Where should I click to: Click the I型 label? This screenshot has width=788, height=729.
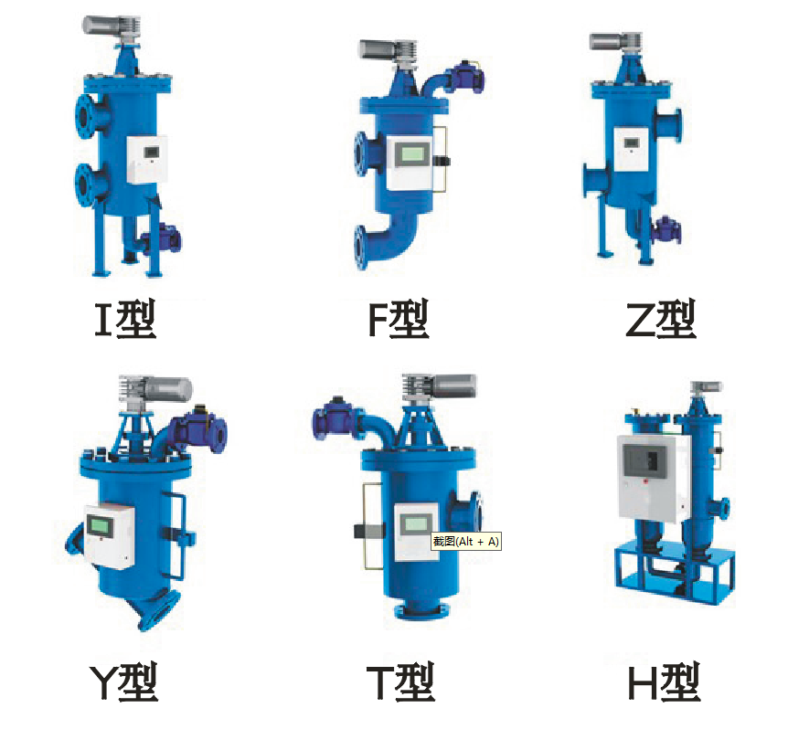pyautogui.click(x=125, y=319)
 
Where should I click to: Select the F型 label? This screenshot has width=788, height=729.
pyautogui.click(x=398, y=319)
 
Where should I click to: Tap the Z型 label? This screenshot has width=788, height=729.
pyautogui.click(x=660, y=319)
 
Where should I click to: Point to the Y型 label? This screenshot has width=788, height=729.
pyautogui.click(x=124, y=681)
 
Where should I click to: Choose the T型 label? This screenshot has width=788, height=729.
pyautogui.click(x=400, y=681)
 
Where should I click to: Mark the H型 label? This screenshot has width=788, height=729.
pyautogui.click(x=664, y=681)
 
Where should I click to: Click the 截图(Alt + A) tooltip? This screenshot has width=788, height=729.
pyautogui.click(x=466, y=542)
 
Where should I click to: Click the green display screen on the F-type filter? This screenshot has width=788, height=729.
pyautogui.click(x=413, y=153)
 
